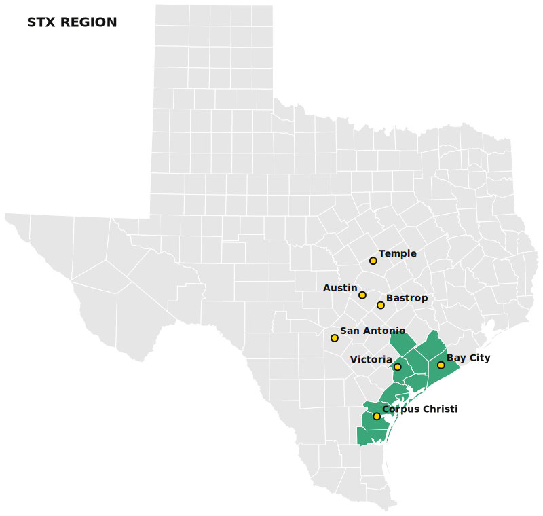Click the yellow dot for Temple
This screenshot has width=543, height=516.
tap(373, 261)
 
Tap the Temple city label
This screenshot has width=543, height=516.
tap(398, 254)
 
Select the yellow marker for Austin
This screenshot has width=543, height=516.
tap(362, 295)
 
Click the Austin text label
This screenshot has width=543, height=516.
tap(340, 289)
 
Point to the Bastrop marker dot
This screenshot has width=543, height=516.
tap(381, 306)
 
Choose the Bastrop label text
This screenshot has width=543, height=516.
tap(407, 299)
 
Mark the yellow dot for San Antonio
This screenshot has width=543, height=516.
tap(335, 338)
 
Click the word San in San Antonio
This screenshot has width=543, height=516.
tap(350, 331)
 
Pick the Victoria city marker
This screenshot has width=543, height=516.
tap(398, 367)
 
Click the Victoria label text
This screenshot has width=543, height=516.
tap(371, 360)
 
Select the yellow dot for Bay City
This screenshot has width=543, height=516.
tap(441, 365)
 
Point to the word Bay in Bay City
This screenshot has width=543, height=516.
tap(455, 358)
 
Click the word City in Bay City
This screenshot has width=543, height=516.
tap(479, 358)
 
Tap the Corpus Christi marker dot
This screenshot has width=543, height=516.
tap(377, 416)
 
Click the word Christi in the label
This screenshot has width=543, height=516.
tap(440, 409)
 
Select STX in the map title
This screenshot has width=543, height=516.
tap(41, 22)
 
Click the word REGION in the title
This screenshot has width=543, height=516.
tap(88, 22)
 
